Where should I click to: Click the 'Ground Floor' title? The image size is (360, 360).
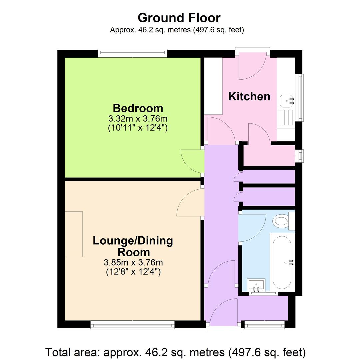(179, 17)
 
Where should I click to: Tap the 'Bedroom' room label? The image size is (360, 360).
(138, 108)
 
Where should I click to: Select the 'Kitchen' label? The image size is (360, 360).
(249, 96)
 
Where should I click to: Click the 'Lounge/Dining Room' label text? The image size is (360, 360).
(133, 246)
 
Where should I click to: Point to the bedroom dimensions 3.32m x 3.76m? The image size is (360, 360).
(138, 119)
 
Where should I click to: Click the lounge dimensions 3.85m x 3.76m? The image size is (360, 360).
(133, 263)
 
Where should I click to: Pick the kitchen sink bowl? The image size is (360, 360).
(286, 100)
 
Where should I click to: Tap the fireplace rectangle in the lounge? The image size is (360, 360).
(74, 234)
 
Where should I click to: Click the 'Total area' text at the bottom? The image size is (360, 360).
(175, 352)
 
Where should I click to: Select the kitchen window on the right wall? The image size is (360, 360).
(301, 97)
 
